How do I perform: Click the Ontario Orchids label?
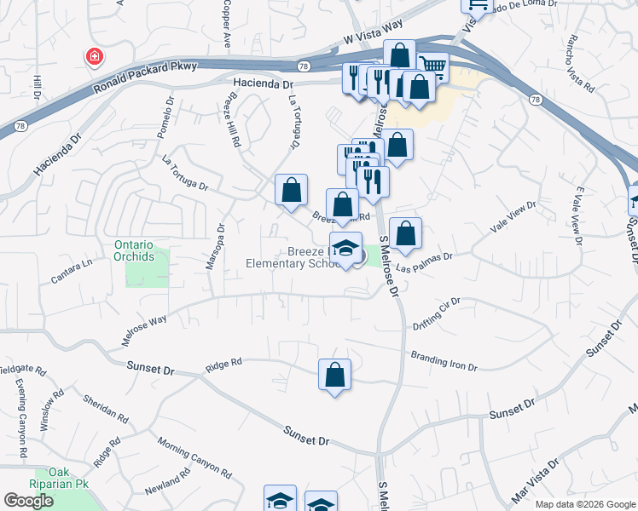pyautogui.click(x=134, y=250)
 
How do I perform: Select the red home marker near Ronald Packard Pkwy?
pyautogui.click(x=94, y=57)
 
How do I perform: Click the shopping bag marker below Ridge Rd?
pyautogui.click(x=334, y=376)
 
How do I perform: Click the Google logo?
pyautogui.click(x=29, y=500)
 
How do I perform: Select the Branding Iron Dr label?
pyautogui.click(x=444, y=360)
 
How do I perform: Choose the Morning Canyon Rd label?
pyautogui.click(x=194, y=456)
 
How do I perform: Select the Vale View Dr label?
pyautogui.click(x=513, y=217)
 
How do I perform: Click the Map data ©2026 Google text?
pyautogui.click(x=584, y=504)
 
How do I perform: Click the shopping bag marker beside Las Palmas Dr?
pyautogui.click(x=406, y=233)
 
